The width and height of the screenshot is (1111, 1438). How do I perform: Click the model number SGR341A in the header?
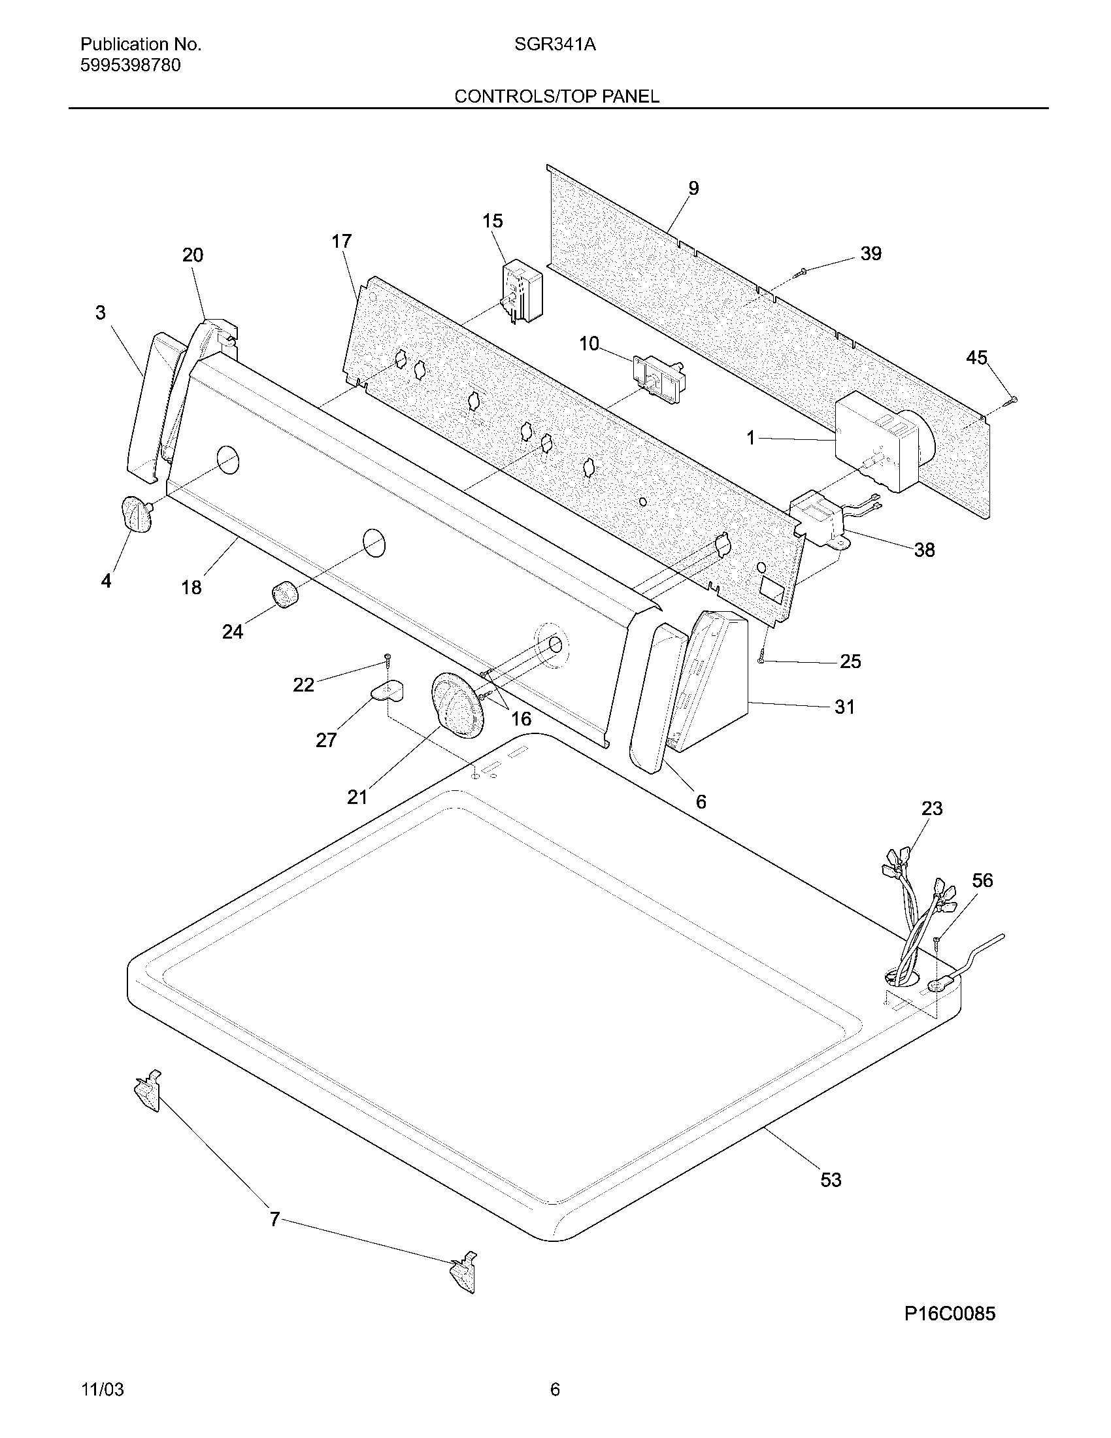click(555, 44)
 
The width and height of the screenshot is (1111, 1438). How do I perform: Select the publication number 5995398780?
click(130, 65)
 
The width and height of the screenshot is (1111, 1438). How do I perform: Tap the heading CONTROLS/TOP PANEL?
click(556, 97)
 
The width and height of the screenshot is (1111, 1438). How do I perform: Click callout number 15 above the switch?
click(492, 220)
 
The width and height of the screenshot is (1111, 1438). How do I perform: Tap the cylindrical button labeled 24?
click(284, 595)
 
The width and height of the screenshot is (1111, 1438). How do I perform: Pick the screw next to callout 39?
click(801, 271)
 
